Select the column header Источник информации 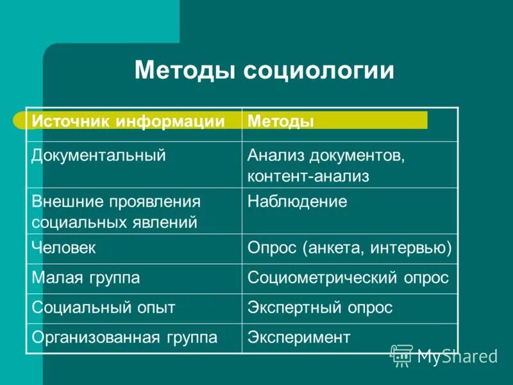point(128,121)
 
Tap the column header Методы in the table point(281,121)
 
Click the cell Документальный point(99,155)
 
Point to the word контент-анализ point(308,176)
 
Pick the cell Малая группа point(86,278)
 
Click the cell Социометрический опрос point(348,278)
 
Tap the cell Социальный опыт point(103,307)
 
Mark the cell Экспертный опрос point(320,307)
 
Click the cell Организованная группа point(124,337)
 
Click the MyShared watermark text point(457,357)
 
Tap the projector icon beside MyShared point(402,355)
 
